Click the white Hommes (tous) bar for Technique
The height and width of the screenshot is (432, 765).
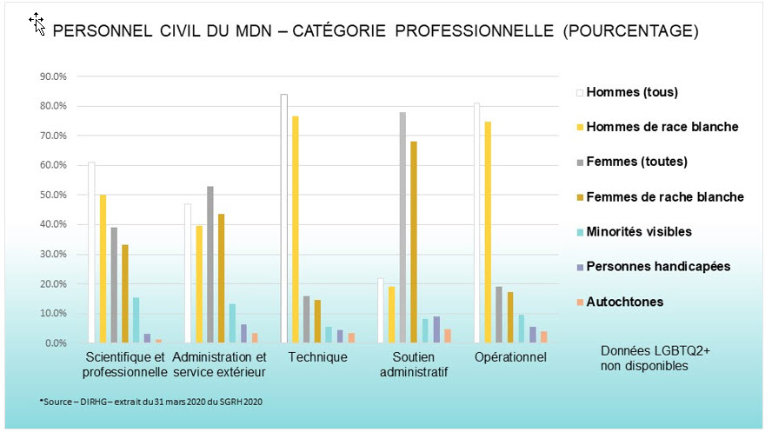(x=284, y=218)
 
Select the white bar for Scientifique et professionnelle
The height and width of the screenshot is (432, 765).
(x=92, y=252)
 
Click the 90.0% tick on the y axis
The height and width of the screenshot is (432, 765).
(x=54, y=76)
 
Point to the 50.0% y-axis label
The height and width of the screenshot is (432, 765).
(x=54, y=195)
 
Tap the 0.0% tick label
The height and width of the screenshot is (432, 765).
(x=57, y=343)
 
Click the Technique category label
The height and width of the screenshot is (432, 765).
(x=310, y=357)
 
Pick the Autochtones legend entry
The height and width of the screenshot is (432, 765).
(x=625, y=302)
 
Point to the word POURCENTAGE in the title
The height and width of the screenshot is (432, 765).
(x=635, y=31)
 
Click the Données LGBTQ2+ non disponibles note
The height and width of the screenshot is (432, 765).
(x=643, y=358)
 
